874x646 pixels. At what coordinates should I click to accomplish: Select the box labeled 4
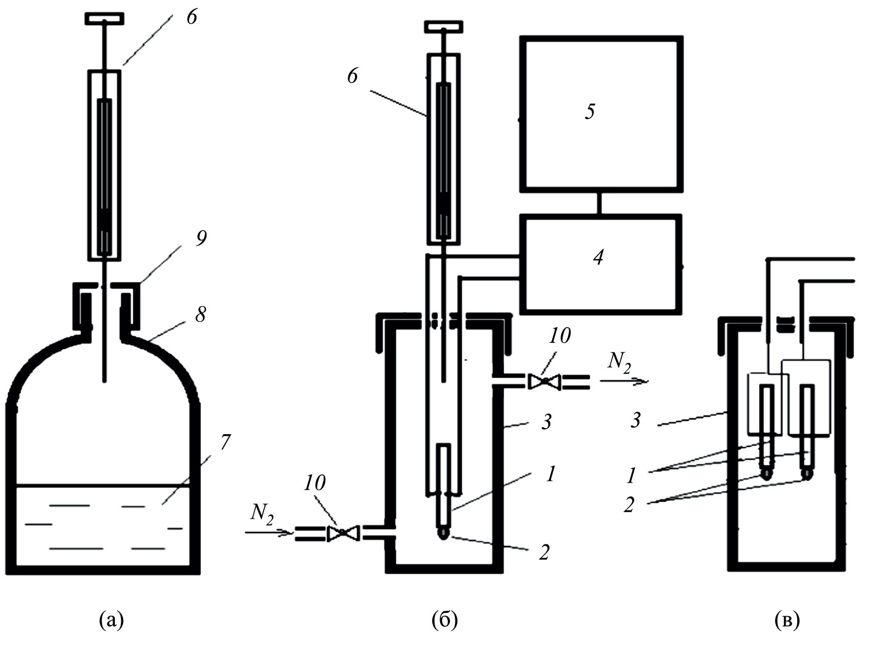click(600, 263)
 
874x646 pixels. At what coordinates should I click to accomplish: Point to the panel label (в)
click(787, 620)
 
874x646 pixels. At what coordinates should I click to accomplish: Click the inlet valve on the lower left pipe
click(343, 533)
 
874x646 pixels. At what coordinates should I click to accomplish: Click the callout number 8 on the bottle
click(200, 314)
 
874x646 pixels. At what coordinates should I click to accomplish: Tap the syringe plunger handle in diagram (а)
click(104, 18)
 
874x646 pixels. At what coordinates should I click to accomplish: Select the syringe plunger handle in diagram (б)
click(443, 26)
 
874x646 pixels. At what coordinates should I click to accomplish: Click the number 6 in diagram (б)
click(352, 76)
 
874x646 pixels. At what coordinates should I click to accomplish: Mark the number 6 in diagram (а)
click(191, 17)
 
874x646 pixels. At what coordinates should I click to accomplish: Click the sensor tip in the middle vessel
click(443, 533)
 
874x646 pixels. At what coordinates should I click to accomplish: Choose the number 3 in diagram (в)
click(635, 420)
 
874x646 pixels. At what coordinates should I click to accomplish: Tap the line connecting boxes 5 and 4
click(600, 202)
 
